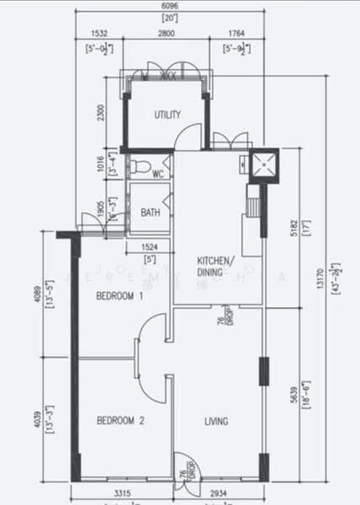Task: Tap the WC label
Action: (x=157, y=175)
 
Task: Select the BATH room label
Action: (x=151, y=212)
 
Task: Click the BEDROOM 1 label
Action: (x=119, y=296)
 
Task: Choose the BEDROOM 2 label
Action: (x=119, y=420)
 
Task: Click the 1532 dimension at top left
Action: (x=101, y=34)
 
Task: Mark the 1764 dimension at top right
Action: (x=236, y=34)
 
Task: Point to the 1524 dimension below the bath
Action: (x=149, y=247)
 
